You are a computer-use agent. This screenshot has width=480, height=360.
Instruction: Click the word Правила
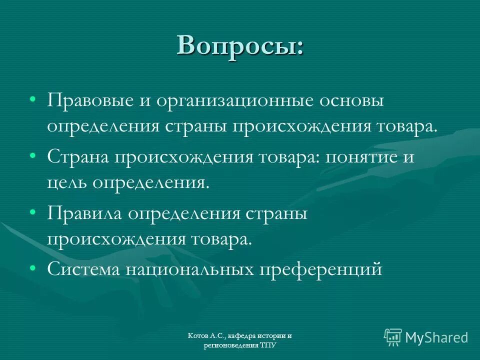(83, 213)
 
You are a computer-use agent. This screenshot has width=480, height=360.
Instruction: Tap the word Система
(83, 269)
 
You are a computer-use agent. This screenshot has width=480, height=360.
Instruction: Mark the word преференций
(320, 269)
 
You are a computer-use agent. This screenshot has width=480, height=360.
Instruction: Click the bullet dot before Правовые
(32, 99)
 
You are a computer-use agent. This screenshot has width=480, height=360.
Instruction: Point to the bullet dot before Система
(32, 268)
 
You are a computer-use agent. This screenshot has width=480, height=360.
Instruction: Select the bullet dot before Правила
(32, 212)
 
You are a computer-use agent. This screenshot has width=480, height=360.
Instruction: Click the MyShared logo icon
(392, 337)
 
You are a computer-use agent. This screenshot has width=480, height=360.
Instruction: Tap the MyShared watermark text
(436, 338)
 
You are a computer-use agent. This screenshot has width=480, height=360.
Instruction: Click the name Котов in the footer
(198, 336)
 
